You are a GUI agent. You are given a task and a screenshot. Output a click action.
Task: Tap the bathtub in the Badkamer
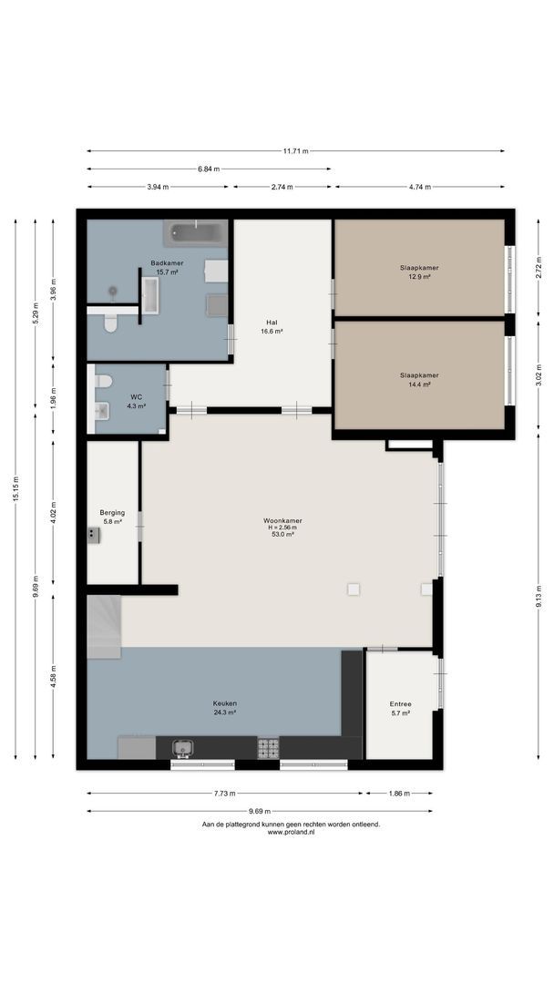[196, 233]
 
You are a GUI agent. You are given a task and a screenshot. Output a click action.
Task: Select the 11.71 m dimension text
[295, 151]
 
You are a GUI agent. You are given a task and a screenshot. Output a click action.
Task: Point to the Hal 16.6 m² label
[272, 327]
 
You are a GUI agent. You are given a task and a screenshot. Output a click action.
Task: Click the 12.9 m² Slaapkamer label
[419, 272]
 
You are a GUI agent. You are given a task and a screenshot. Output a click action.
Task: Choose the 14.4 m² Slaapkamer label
[419, 380]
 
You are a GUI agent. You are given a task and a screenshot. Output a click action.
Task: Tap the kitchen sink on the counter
[182, 747]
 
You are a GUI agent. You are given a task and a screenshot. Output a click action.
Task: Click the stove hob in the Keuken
[268, 747]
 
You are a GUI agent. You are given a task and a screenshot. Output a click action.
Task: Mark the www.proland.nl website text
[291, 832]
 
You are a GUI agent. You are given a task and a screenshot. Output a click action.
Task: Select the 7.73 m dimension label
[225, 794]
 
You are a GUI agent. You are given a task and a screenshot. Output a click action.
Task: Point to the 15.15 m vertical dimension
[16, 488]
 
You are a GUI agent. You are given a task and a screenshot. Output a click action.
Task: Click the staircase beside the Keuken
[104, 627]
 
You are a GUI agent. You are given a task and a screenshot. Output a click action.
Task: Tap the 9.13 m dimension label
[539, 597]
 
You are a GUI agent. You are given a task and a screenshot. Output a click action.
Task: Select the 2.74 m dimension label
[282, 187]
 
